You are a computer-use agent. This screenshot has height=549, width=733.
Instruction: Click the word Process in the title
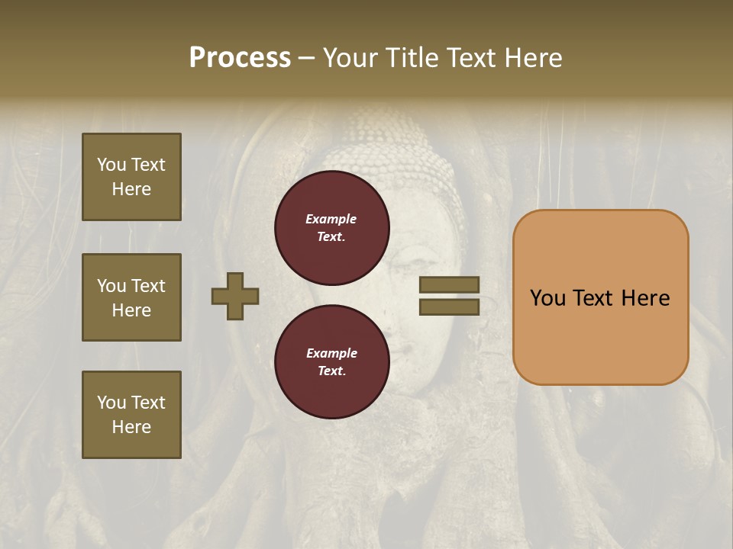click(x=240, y=58)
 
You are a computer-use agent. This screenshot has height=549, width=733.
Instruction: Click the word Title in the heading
click(x=411, y=58)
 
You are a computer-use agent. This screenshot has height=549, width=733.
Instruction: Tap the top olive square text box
click(x=131, y=177)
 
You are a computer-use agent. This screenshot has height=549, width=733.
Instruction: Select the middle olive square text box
click(x=131, y=297)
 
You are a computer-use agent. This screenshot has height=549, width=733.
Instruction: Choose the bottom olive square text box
click(x=131, y=415)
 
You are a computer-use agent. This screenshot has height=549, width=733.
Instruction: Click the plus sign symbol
click(x=235, y=296)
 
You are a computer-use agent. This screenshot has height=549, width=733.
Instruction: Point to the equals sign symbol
click(x=449, y=296)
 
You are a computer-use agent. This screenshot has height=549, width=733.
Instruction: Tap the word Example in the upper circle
click(x=331, y=219)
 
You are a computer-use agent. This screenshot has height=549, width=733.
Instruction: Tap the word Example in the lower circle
click(x=331, y=353)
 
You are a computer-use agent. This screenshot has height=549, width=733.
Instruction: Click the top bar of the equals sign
click(x=449, y=284)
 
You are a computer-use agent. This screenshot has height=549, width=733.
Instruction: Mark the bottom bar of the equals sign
click(x=449, y=307)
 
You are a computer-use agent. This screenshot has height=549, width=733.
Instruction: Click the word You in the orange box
click(x=547, y=298)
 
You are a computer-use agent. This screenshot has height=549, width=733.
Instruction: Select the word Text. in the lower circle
click(x=331, y=371)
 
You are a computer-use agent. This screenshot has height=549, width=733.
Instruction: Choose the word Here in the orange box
click(x=645, y=298)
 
